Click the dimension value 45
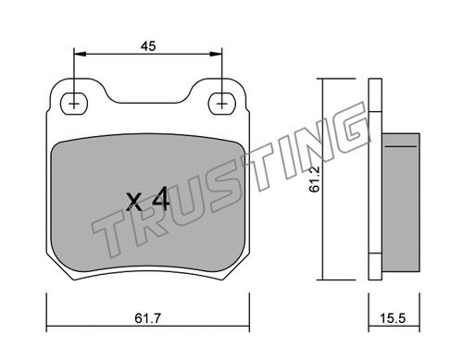[148, 46]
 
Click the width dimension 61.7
[148, 318]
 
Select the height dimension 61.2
[315, 180]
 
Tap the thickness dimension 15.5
[393, 318]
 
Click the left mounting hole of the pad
[74, 104]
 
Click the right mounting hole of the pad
[221, 104]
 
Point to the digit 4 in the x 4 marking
[161, 199]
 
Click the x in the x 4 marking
[134, 202]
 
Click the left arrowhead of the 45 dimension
[80, 54]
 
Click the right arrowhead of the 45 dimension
[216, 54]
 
